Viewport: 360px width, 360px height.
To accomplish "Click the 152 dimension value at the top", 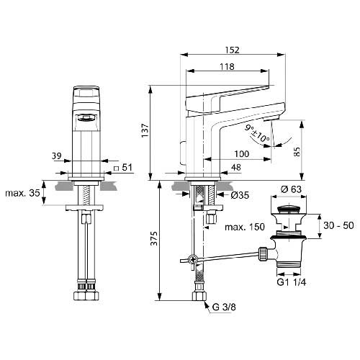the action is (x=232, y=50).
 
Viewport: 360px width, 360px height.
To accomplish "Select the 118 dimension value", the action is (x=227, y=66).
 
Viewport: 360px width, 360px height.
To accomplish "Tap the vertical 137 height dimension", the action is (x=145, y=130).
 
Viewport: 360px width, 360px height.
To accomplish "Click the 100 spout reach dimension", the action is (x=242, y=154).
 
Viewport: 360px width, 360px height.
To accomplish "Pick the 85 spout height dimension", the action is (x=297, y=152).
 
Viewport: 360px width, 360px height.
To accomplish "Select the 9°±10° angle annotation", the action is (x=257, y=133).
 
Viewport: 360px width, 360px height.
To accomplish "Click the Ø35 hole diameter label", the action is (x=240, y=195).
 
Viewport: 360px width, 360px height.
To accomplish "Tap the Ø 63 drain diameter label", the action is (x=291, y=189).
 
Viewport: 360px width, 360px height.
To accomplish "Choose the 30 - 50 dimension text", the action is (x=338, y=225).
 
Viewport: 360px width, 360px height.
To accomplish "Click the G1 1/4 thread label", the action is (x=292, y=282).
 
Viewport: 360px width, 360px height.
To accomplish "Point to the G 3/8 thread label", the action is (x=224, y=307).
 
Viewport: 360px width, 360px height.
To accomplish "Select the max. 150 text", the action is (x=245, y=227).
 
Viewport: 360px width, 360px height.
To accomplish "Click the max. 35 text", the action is (x=22, y=193).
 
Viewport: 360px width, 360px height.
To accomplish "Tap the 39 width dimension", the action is (x=57, y=156).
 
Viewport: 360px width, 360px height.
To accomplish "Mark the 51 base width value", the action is (x=127, y=167).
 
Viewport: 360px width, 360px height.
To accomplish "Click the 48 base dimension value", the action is (x=235, y=167).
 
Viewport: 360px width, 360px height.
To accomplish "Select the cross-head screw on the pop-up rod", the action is (x=192, y=259).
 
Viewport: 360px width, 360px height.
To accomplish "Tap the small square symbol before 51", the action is (x=116, y=168).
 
